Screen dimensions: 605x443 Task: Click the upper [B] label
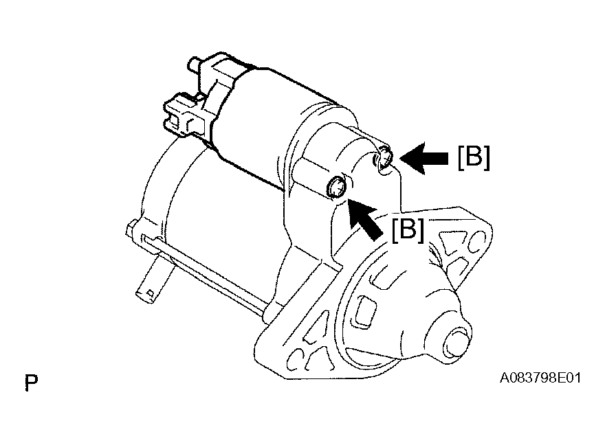pyautogui.click(x=474, y=157)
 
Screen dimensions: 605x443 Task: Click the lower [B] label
pyautogui.click(x=408, y=230)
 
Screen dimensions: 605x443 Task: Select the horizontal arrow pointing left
pyautogui.click(x=424, y=158)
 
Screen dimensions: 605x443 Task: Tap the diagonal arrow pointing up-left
pyautogui.click(x=364, y=218)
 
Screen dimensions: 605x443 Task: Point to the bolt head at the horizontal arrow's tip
pyautogui.click(x=383, y=158)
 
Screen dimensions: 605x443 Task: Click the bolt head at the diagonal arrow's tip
pyautogui.click(x=337, y=188)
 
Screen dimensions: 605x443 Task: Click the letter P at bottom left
pyautogui.click(x=31, y=382)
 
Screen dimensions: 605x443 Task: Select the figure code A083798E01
pyautogui.click(x=540, y=378)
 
